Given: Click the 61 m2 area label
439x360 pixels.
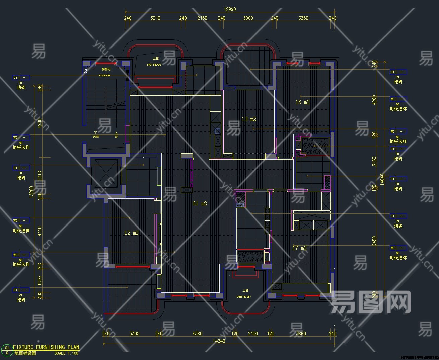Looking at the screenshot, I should pyautogui.click(x=200, y=203).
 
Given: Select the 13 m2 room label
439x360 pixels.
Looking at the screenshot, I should pyautogui.click(x=249, y=119).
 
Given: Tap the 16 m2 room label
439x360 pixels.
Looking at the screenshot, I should pyautogui.click(x=302, y=102).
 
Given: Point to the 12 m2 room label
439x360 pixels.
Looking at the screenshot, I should pyautogui.click(x=131, y=233).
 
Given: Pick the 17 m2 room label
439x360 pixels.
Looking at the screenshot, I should pyautogui.click(x=299, y=248).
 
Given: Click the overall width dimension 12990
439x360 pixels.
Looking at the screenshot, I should pyautogui.click(x=230, y=9).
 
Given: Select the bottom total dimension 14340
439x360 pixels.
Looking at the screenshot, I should pyautogui.click(x=219, y=341).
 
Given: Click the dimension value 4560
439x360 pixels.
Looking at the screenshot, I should pyautogui.click(x=197, y=333).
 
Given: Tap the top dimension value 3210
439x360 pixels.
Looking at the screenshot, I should pyautogui.click(x=155, y=18).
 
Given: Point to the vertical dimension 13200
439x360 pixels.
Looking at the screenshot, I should pyautogui.click(x=31, y=192).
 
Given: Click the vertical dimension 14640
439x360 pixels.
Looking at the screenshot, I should pyautogui.click(x=382, y=179).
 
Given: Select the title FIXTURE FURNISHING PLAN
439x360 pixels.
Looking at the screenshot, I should pyautogui.click(x=46, y=347).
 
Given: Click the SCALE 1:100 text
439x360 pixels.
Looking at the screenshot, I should pyautogui.click(x=66, y=353).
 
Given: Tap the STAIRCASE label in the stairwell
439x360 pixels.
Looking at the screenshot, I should pyautogui.click(x=104, y=76).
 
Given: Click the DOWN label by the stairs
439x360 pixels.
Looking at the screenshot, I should pyautogui.click(x=96, y=137).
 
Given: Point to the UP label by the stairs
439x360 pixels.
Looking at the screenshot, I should pyautogui.click(x=116, y=137).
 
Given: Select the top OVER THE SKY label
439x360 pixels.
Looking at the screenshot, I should pyautogui.click(x=154, y=65).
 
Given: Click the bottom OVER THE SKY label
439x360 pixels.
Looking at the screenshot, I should pyautogui.click(x=243, y=297).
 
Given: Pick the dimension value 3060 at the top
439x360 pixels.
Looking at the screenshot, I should pyautogui.click(x=248, y=18).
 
